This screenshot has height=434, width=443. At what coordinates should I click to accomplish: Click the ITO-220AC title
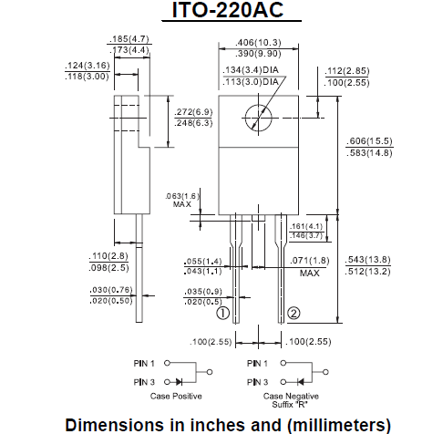221,12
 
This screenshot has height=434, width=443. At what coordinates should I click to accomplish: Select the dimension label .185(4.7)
129,39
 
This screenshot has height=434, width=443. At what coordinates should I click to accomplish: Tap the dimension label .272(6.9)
193,111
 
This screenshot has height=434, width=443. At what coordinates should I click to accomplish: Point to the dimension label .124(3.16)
88,67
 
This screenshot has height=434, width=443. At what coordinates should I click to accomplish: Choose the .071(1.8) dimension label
311,262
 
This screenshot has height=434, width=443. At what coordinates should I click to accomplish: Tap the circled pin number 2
294,314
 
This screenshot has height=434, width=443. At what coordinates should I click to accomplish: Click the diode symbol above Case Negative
297,381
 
